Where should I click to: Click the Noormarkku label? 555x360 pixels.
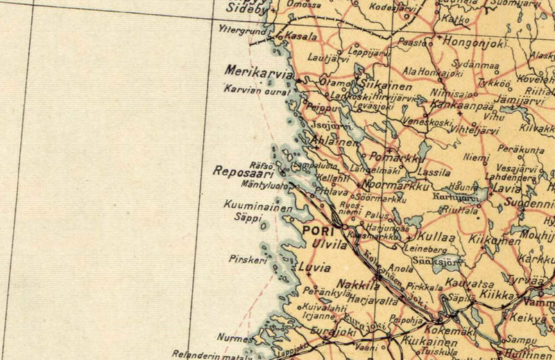point(391,186)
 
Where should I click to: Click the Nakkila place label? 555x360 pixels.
point(358,284)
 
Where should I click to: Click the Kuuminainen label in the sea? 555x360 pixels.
point(247,205)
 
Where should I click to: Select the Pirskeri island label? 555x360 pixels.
point(246,259)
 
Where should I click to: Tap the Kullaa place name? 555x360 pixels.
point(437,236)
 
